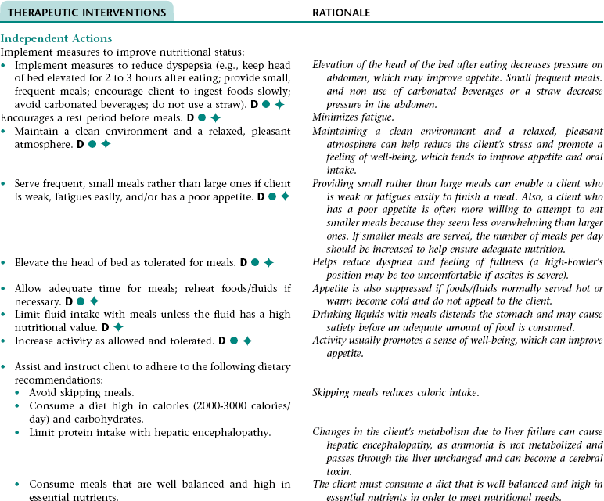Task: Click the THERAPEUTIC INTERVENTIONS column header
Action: coord(86,13)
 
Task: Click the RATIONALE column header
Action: coord(341,13)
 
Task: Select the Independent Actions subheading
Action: coord(56,38)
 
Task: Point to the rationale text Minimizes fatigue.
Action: coord(351,118)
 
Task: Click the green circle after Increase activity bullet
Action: coord(233,341)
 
